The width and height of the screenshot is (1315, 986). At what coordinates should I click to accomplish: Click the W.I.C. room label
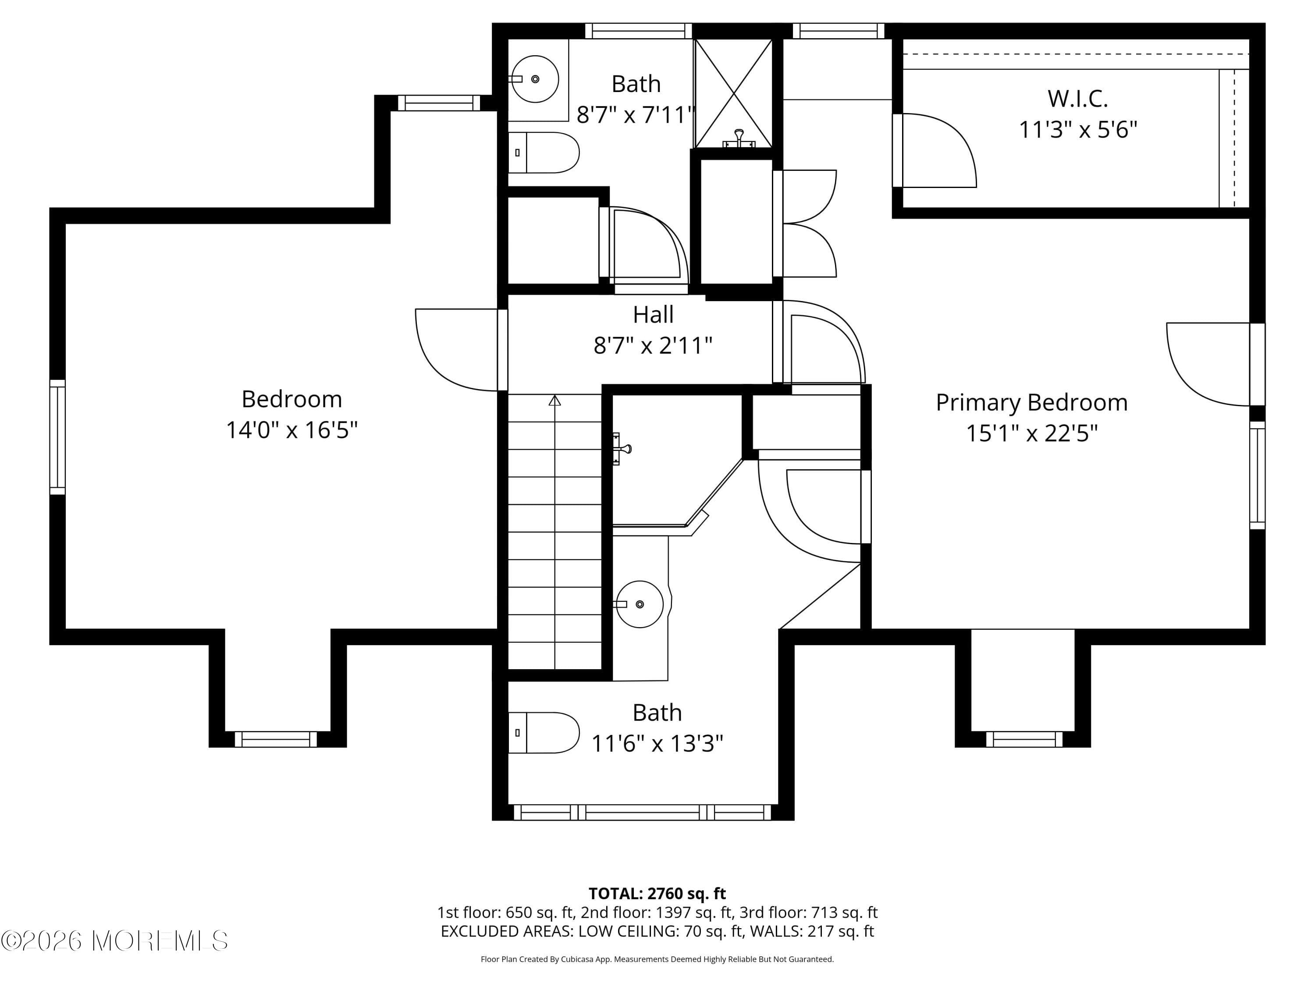(1077, 99)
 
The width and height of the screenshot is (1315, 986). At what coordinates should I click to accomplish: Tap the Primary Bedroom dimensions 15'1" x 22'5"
(1031, 433)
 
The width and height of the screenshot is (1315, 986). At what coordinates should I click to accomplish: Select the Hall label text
(653, 314)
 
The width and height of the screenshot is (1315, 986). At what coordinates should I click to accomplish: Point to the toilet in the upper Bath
(544, 153)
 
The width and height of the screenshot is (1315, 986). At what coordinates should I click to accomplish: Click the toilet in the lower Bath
(544, 733)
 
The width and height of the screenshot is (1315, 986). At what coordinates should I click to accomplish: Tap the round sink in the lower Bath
(639, 604)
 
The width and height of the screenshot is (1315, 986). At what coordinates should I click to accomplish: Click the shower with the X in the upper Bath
(734, 93)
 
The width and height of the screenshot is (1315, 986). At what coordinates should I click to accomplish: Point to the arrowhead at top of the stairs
(554, 400)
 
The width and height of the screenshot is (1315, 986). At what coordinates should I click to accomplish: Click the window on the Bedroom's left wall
(57, 437)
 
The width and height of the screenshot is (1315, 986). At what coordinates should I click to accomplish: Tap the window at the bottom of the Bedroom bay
(276, 739)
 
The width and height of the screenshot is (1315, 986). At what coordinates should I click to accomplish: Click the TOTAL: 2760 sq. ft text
(657, 893)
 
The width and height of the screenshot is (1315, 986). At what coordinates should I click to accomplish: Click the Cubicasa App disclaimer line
(657, 959)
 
